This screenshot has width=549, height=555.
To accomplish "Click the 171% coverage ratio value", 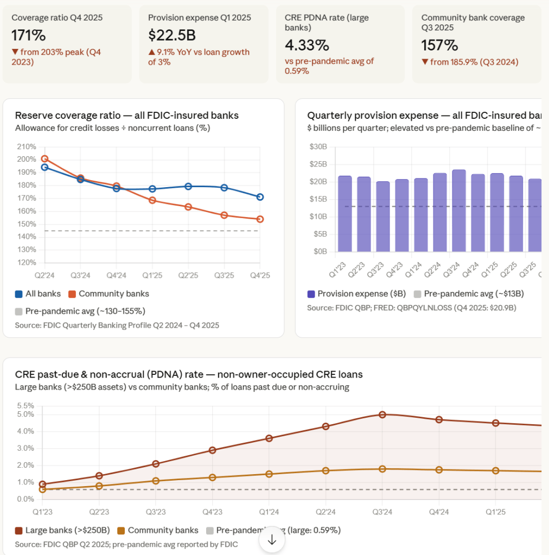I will (x=29, y=35).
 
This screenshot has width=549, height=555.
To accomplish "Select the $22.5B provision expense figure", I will (x=172, y=35).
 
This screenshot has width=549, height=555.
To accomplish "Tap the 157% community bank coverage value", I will (x=439, y=45).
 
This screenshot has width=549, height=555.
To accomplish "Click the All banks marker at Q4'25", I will (x=260, y=197).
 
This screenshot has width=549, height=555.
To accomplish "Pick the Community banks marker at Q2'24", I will (x=44, y=159).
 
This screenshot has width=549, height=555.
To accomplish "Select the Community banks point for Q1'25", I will (x=152, y=200).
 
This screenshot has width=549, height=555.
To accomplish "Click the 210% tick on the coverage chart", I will (x=26, y=146).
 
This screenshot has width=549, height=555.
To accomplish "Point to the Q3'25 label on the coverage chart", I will (x=224, y=276).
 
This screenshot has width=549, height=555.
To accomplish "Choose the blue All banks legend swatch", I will (x=19, y=294).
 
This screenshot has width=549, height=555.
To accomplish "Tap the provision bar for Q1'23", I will (x=345, y=214).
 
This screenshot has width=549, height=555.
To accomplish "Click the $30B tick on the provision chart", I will (x=318, y=146).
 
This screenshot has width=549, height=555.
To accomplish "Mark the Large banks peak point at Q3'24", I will (x=382, y=414).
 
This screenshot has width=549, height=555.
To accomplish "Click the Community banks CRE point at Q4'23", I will (x=213, y=477).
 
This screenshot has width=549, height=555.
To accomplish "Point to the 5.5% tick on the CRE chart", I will (x=25, y=406).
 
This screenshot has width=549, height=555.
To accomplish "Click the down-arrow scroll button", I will (x=272, y=540).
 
